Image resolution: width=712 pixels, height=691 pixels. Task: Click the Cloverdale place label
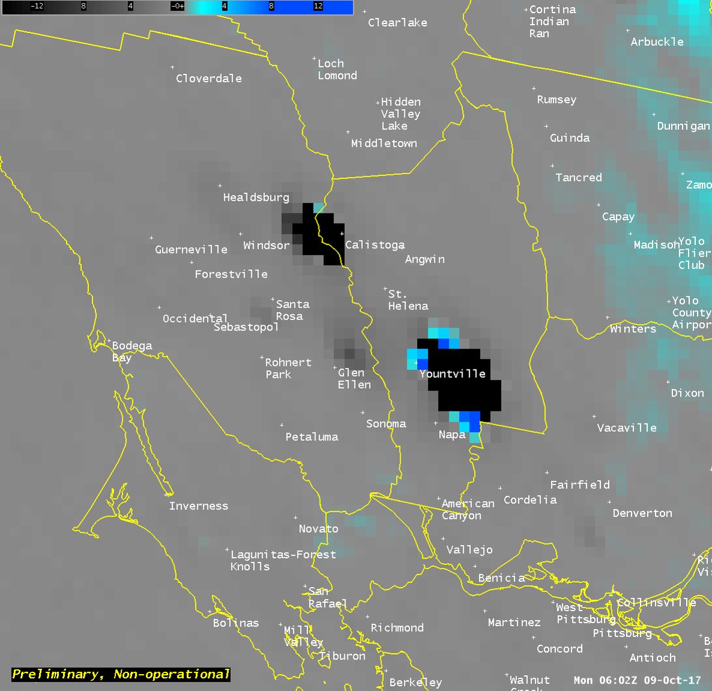click(208, 79)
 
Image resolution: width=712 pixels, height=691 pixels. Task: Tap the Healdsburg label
click(256, 198)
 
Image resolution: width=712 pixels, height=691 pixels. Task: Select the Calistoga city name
click(375, 245)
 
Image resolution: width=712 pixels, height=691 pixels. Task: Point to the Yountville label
click(452, 374)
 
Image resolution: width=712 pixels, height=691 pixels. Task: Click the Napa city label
click(452, 434)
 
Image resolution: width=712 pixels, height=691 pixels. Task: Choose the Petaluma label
click(311, 437)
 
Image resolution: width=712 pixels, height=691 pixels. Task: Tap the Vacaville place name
click(627, 428)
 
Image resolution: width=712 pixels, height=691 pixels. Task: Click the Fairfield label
click(580, 484)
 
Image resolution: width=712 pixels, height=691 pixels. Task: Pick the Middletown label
click(384, 144)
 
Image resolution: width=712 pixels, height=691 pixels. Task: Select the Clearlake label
click(397, 23)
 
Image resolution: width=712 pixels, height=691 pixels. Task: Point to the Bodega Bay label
click(132, 352)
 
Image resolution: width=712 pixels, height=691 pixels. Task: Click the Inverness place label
click(198, 506)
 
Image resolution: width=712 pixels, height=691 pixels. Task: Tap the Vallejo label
click(469, 550)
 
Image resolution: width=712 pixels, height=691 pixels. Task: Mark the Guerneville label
click(191, 249)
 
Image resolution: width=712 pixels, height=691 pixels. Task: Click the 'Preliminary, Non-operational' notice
click(121, 674)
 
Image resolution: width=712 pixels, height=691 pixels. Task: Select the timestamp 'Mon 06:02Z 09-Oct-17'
click(637, 680)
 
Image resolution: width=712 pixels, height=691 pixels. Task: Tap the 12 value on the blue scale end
click(318, 6)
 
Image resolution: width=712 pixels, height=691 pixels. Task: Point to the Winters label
click(633, 329)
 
